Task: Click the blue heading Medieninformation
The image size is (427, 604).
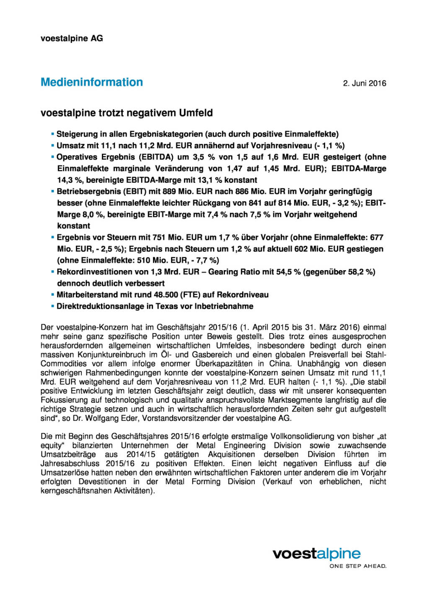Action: [92, 82]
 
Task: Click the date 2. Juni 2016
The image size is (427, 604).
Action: [364, 83]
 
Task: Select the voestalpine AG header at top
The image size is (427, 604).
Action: [72, 38]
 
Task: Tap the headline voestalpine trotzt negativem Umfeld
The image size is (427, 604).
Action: [127, 113]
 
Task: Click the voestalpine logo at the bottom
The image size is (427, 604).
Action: [316, 554]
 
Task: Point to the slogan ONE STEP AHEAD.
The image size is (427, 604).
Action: [357, 566]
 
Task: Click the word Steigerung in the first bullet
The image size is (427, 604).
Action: [77, 134]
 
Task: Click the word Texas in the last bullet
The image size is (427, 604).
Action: [167, 306]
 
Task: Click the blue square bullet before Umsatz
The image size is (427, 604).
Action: [53, 146]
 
